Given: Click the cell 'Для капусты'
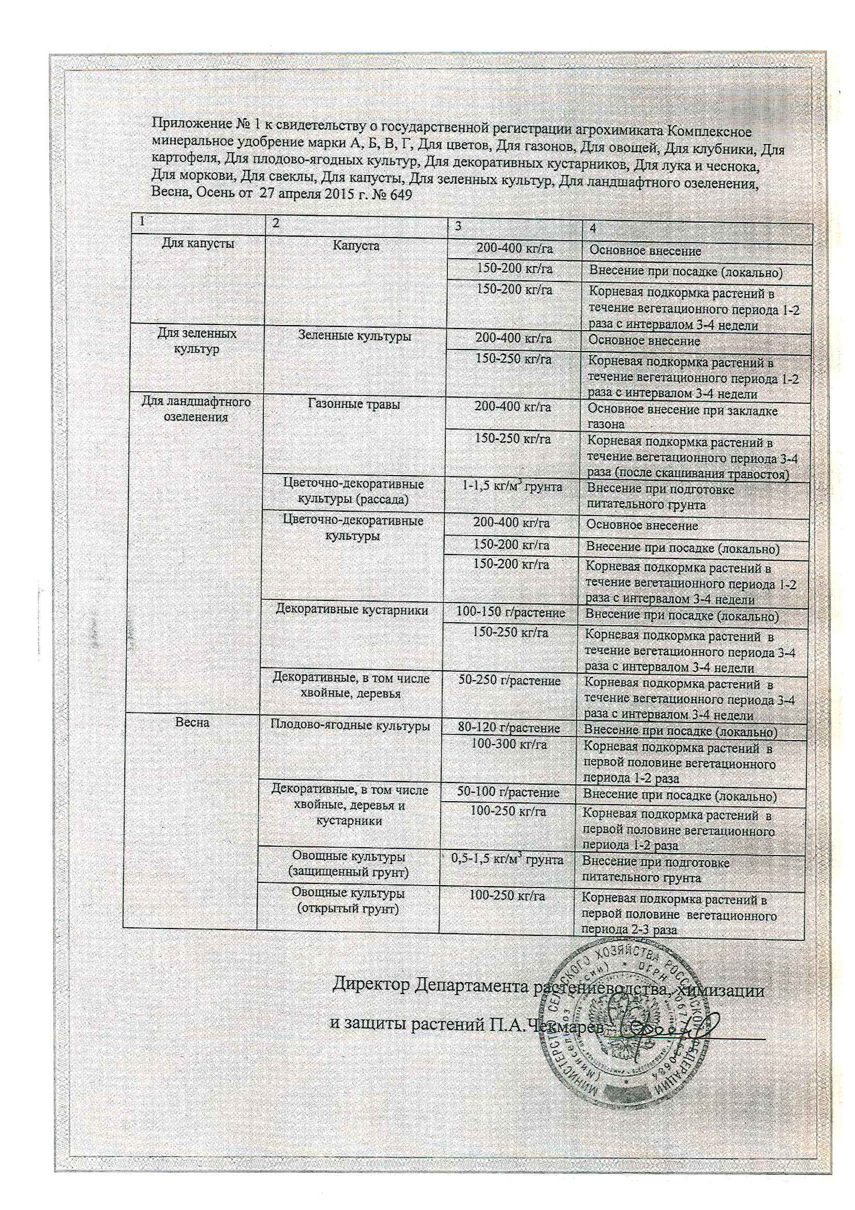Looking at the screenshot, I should point(196,244).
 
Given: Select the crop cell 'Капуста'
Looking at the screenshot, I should point(355,246).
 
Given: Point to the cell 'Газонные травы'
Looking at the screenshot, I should point(353,404).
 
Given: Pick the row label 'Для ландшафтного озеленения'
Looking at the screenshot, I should point(196,409).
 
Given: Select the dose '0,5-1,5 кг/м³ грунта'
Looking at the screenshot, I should point(507,860).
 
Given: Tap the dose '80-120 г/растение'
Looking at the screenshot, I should point(508,728).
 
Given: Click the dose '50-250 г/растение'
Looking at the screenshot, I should point(509,681).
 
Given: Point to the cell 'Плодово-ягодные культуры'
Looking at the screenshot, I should point(350,725).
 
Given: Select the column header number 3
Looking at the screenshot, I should point(458,226).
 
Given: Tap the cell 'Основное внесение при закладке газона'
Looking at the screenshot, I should point(682,416).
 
